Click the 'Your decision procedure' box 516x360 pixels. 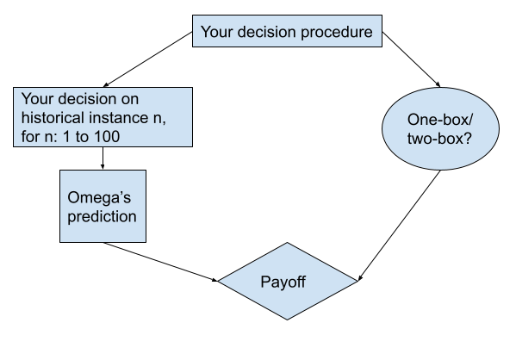tap(287, 31)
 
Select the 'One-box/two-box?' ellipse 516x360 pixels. tap(440, 128)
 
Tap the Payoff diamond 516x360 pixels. tap(288, 281)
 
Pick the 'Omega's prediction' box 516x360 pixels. tap(103, 207)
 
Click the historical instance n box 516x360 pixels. tap(103, 117)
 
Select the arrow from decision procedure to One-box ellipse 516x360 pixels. tap(411, 59)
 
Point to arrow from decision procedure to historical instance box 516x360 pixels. tap(148, 59)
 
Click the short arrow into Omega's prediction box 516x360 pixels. tap(103, 158)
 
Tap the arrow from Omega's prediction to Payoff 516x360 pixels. tap(160, 262)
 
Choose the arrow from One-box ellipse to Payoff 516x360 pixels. tap(399, 226)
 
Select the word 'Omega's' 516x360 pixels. tap(99, 197)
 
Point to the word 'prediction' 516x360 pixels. tap(102, 217)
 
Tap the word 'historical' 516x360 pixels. tap(52, 117)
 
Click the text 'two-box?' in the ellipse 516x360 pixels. tap(439, 139)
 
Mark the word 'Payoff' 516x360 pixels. tap(283, 282)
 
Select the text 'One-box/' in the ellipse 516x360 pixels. tap(440, 120)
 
